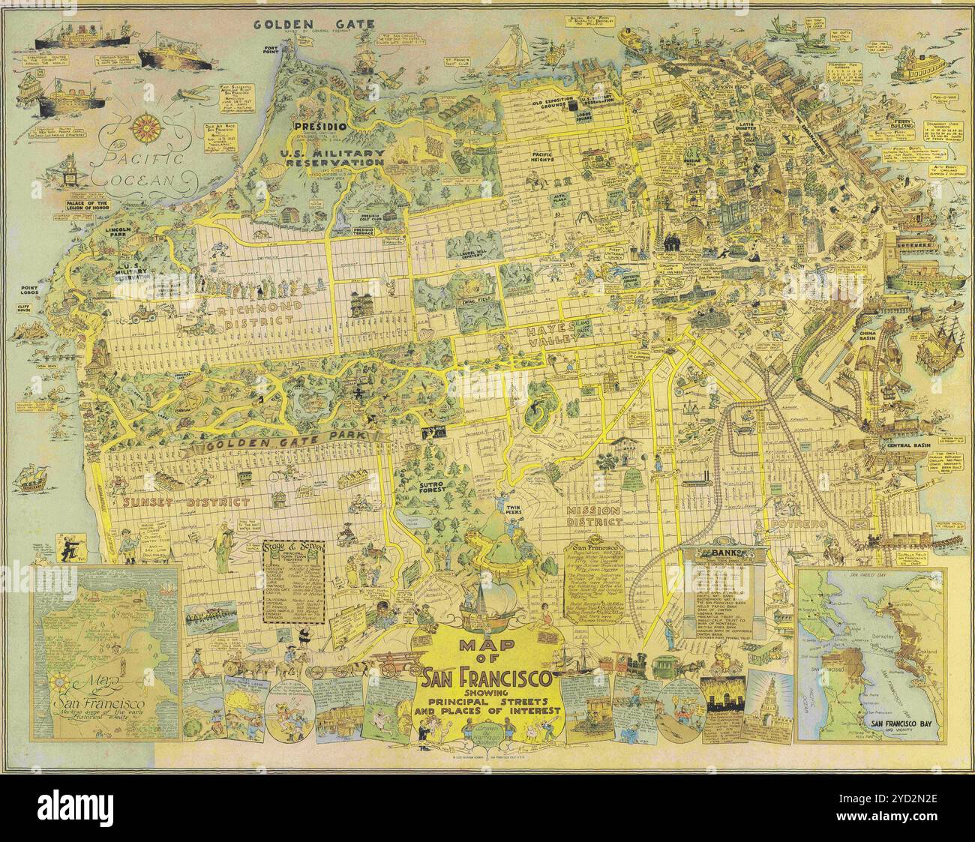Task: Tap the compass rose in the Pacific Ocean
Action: [x=142, y=127]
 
